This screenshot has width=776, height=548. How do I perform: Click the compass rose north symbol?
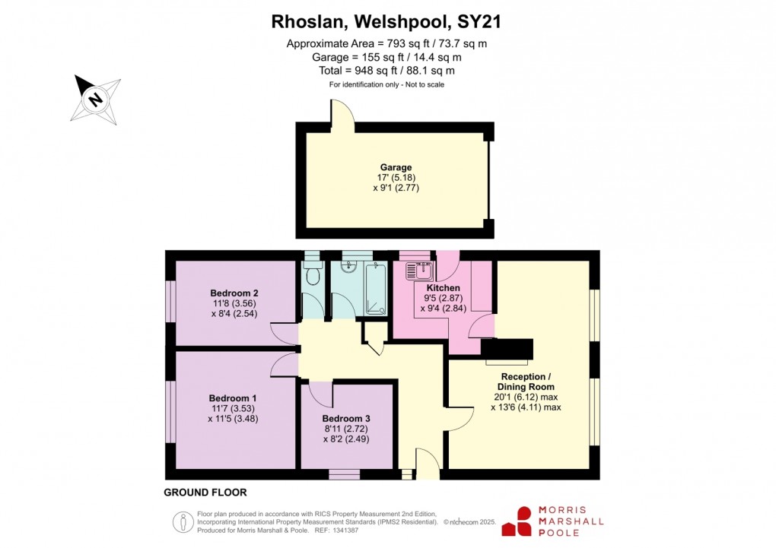[96, 99]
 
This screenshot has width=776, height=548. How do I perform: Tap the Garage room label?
[396, 168]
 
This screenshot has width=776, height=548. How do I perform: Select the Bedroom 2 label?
[234, 293]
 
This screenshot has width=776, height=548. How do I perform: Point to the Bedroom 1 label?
[233, 398]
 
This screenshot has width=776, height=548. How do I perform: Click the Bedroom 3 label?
[346, 419]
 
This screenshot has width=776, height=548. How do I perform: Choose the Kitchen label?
[442, 288]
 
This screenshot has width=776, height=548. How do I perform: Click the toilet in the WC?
[311, 276]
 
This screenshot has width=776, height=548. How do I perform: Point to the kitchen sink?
[419, 271]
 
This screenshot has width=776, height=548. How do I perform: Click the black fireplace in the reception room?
[508, 349]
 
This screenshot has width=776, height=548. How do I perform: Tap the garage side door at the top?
[342, 115]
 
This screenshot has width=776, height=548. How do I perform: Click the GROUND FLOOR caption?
[205, 493]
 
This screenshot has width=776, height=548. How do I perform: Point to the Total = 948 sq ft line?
[386, 71]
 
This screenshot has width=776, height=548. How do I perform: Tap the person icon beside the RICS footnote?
[183, 521]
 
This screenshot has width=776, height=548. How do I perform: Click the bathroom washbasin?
[349, 267]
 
